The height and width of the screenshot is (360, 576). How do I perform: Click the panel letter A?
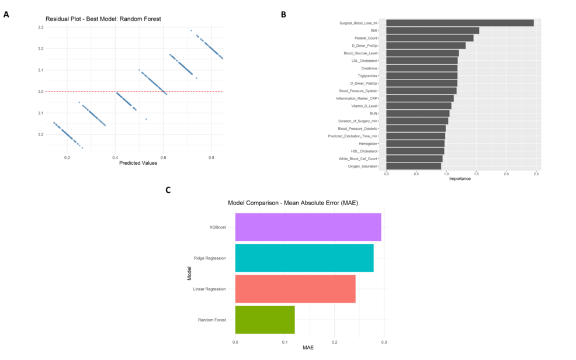point(6,14)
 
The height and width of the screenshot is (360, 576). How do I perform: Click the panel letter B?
point(283,14)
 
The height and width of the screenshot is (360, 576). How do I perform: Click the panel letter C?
point(168,190)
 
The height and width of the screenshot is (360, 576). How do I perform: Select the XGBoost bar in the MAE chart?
point(308,227)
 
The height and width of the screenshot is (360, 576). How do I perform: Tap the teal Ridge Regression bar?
point(304,258)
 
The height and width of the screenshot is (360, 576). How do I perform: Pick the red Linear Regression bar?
point(295,289)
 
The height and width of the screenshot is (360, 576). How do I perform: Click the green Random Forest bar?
point(265,320)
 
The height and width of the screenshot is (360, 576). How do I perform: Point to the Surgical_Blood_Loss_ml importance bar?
point(460,23)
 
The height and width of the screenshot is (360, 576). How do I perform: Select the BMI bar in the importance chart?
point(432,30)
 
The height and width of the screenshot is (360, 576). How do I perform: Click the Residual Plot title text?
point(103,19)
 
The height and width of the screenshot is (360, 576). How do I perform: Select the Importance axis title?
point(460,178)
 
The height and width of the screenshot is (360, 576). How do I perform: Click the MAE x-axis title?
point(308,347)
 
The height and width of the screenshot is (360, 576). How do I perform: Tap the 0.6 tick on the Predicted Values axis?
point(163,157)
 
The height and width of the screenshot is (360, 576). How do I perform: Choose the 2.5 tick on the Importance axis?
point(536,173)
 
